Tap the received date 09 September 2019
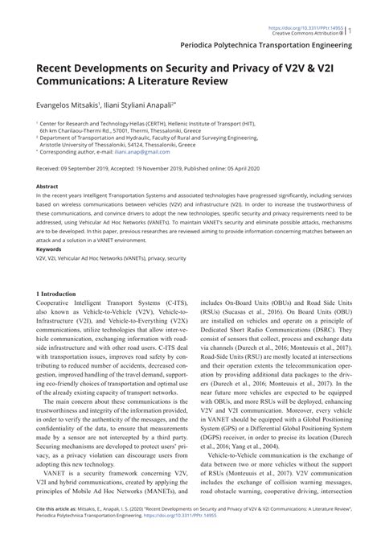click(x=88, y=169)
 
